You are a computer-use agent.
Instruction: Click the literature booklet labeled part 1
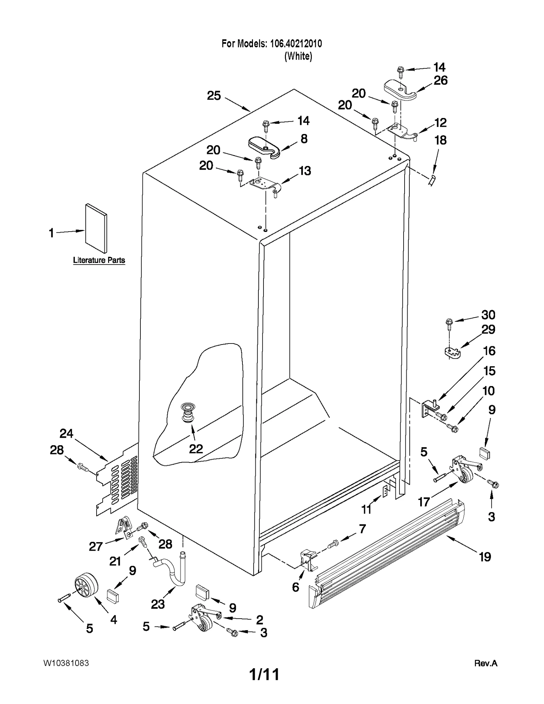click(96, 229)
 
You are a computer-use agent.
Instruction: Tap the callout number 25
click(214, 96)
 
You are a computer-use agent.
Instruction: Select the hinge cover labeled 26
click(400, 90)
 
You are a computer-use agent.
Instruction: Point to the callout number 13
click(305, 171)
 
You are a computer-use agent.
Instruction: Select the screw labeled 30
click(449, 324)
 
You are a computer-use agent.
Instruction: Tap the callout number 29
click(488, 329)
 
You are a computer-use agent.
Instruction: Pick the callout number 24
click(66, 433)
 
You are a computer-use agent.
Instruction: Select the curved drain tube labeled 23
click(172, 571)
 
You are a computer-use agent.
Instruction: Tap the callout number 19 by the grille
click(485, 557)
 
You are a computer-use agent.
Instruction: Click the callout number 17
click(424, 502)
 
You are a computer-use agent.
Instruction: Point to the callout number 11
click(366, 509)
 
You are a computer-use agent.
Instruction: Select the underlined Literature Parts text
click(99, 260)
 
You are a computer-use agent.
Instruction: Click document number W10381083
click(66, 663)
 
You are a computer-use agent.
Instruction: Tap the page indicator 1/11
click(264, 674)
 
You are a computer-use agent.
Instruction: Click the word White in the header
click(298, 56)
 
